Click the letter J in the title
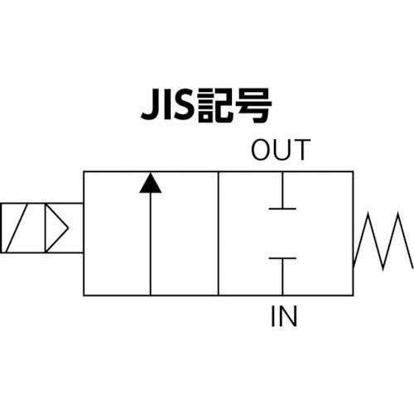(x=147, y=106)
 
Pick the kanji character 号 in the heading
(x=253, y=106)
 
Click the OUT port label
(x=280, y=151)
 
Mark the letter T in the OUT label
(x=301, y=151)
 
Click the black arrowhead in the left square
(x=150, y=182)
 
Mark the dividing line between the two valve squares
(x=218, y=233)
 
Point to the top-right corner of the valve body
(x=353, y=171)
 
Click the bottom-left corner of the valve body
(x=84, y=295)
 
